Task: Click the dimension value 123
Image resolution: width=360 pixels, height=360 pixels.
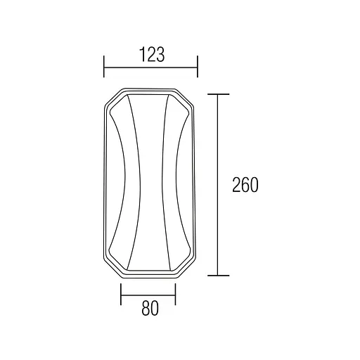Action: point(152,54)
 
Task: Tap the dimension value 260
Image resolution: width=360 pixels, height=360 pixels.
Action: point(245,185)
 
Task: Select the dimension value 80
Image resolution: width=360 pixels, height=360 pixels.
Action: point(150,308)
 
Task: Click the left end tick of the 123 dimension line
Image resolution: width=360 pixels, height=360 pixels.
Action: point(104,67)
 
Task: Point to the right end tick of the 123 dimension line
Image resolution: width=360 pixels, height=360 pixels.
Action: point(198,67)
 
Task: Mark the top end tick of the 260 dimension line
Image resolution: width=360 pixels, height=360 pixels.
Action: point(218,94)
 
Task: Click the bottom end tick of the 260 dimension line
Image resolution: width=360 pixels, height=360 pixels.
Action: point(218,276)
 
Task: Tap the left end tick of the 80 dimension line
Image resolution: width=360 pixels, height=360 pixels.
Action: point(121,295)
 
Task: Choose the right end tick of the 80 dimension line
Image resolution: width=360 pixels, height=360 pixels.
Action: point(175,295)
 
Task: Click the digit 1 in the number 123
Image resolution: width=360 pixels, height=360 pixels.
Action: point(143,54)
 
